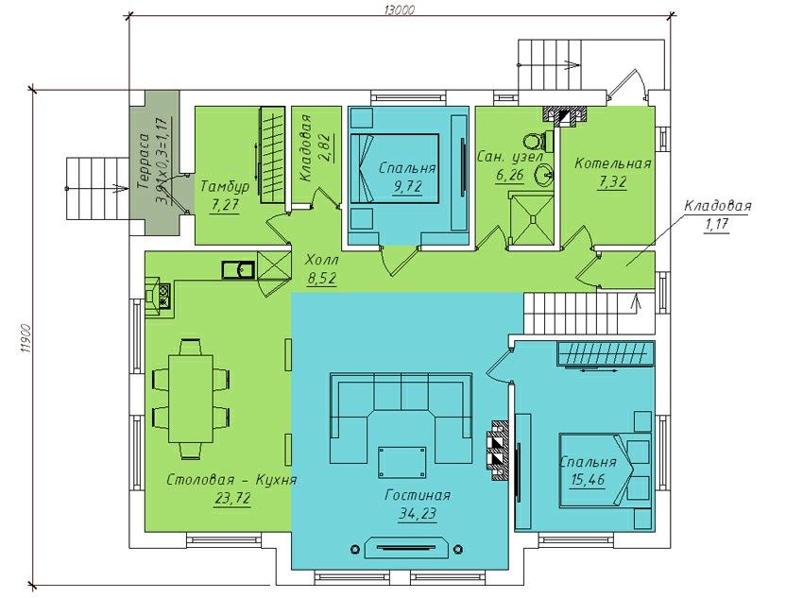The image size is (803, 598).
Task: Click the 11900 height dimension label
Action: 26,338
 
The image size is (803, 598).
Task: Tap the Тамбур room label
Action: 225,186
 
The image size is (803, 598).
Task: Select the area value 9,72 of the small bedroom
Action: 408,186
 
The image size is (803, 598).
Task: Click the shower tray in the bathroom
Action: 532,218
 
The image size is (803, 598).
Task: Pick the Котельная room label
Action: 612,163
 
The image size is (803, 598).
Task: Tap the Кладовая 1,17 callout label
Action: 717,214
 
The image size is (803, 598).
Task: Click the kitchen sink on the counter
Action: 238,269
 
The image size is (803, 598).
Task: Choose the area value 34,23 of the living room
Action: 418,513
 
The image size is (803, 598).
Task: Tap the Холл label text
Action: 321,260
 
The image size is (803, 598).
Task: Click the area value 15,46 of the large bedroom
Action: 588,480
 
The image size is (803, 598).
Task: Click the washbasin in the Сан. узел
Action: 544,176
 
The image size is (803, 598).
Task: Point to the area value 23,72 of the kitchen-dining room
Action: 232,497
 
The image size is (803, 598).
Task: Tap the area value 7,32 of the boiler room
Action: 612,181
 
